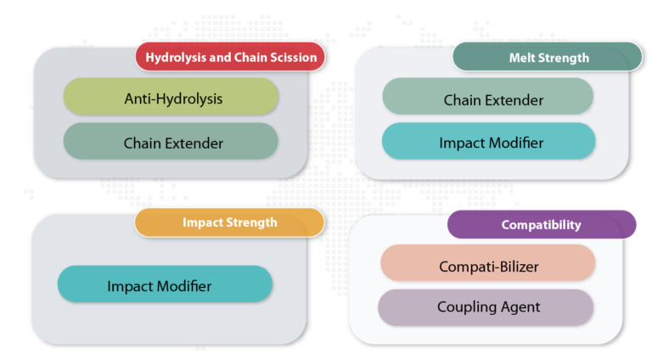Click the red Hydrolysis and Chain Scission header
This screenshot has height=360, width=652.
click(x=230, y=57)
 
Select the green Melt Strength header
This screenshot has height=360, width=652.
click(x=548, y=57)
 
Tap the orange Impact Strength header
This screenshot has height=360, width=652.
click(x=229, y=222)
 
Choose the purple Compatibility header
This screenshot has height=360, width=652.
click(x=542, y=224)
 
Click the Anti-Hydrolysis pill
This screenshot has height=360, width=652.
click(x=171, y=97)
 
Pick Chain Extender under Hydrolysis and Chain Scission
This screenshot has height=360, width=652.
click(x=171, y=141)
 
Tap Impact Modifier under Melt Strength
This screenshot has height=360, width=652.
click(x=489, y=141)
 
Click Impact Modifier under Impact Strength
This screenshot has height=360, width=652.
click(x=165, y=284)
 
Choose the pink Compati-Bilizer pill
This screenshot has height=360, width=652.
click(x=488, y=262)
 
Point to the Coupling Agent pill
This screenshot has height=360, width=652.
click(x=486, y=307)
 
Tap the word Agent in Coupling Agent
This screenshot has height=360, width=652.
click(x=520, y=308)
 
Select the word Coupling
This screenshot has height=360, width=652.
click(x=467, y=308)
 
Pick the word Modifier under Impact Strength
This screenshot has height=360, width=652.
click(x=184, y=286)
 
